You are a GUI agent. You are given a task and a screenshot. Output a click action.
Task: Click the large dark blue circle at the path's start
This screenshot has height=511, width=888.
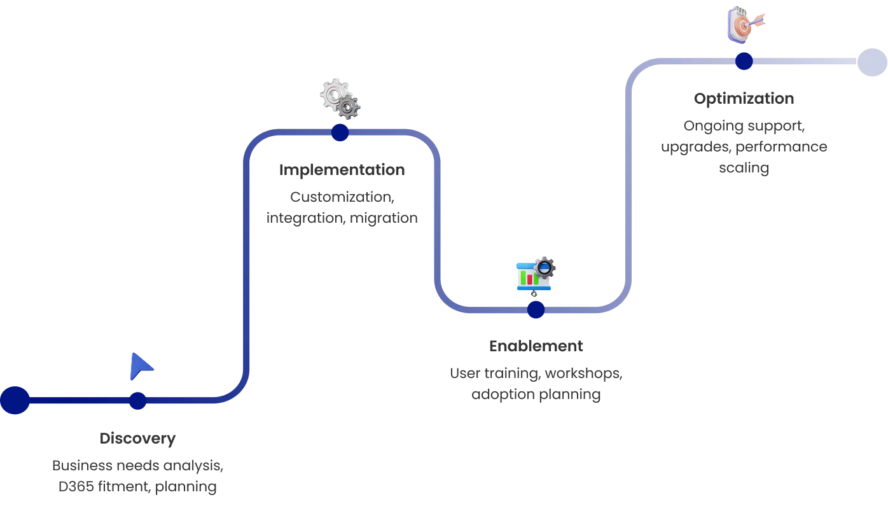point(15,400)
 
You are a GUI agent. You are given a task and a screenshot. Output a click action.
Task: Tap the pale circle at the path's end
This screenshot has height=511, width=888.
point(871,62)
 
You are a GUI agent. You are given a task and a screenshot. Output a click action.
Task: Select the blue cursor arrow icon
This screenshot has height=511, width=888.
point(141,367)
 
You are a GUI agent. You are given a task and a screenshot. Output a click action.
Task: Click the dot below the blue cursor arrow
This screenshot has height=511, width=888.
point(137,401)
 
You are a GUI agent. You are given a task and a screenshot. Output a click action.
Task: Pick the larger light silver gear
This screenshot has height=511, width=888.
point(335,94)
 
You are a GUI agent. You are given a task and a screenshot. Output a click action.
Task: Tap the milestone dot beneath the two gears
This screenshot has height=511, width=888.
point(340,132)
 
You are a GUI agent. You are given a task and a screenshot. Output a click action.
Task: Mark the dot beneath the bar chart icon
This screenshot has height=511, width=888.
point(536,310)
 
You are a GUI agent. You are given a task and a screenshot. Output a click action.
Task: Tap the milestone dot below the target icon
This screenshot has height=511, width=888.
point(744,61)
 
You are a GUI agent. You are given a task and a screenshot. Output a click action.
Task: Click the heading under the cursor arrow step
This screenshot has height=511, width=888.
point(137,440)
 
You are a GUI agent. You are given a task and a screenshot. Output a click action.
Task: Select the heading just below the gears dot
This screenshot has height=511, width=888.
point(342,171)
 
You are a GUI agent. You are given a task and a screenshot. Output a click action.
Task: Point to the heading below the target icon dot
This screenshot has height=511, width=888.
point(743,99)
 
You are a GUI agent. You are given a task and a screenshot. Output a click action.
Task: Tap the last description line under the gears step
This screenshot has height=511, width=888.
point(341,218)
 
